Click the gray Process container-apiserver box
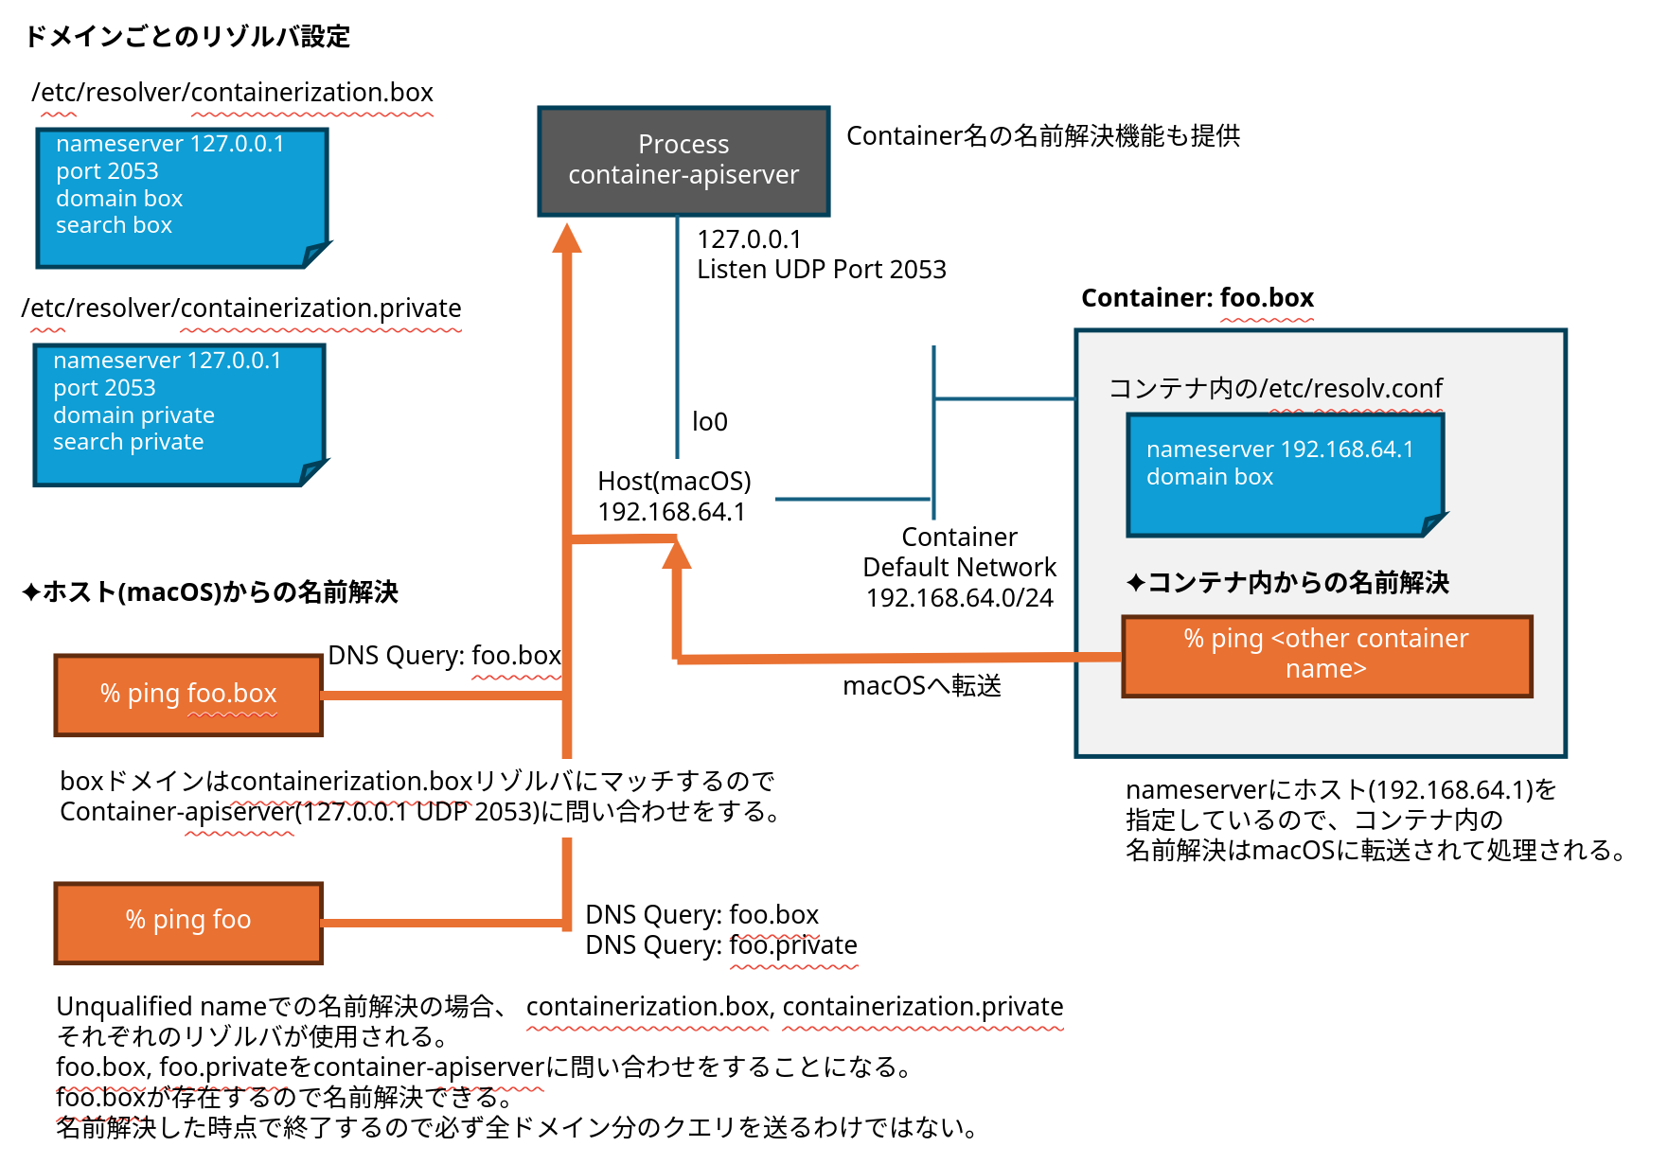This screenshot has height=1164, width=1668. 683,161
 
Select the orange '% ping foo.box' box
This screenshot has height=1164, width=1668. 188,695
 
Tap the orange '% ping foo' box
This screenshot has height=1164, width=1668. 188,922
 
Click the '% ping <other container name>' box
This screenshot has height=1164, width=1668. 1326,655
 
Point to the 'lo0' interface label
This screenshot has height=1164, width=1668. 710,422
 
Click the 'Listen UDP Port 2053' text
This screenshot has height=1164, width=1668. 821,270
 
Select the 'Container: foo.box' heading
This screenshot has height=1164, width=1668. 1198,298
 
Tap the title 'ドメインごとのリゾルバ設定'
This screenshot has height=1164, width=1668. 186,37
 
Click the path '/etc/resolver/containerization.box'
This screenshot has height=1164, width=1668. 233,93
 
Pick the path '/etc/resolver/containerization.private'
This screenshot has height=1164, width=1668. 241,309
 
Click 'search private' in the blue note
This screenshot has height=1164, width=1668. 129,442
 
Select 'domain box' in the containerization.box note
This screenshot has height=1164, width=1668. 119,199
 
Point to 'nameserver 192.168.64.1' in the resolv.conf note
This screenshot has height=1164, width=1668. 1279,450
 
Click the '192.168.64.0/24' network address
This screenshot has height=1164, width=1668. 959,598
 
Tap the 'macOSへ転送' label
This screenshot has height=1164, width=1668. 922,685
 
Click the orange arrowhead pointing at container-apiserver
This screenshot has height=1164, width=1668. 567,238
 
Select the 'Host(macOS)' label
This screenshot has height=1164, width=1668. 674,482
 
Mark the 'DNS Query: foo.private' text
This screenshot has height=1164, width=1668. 721,945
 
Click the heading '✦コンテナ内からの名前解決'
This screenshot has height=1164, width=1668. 1287,583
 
